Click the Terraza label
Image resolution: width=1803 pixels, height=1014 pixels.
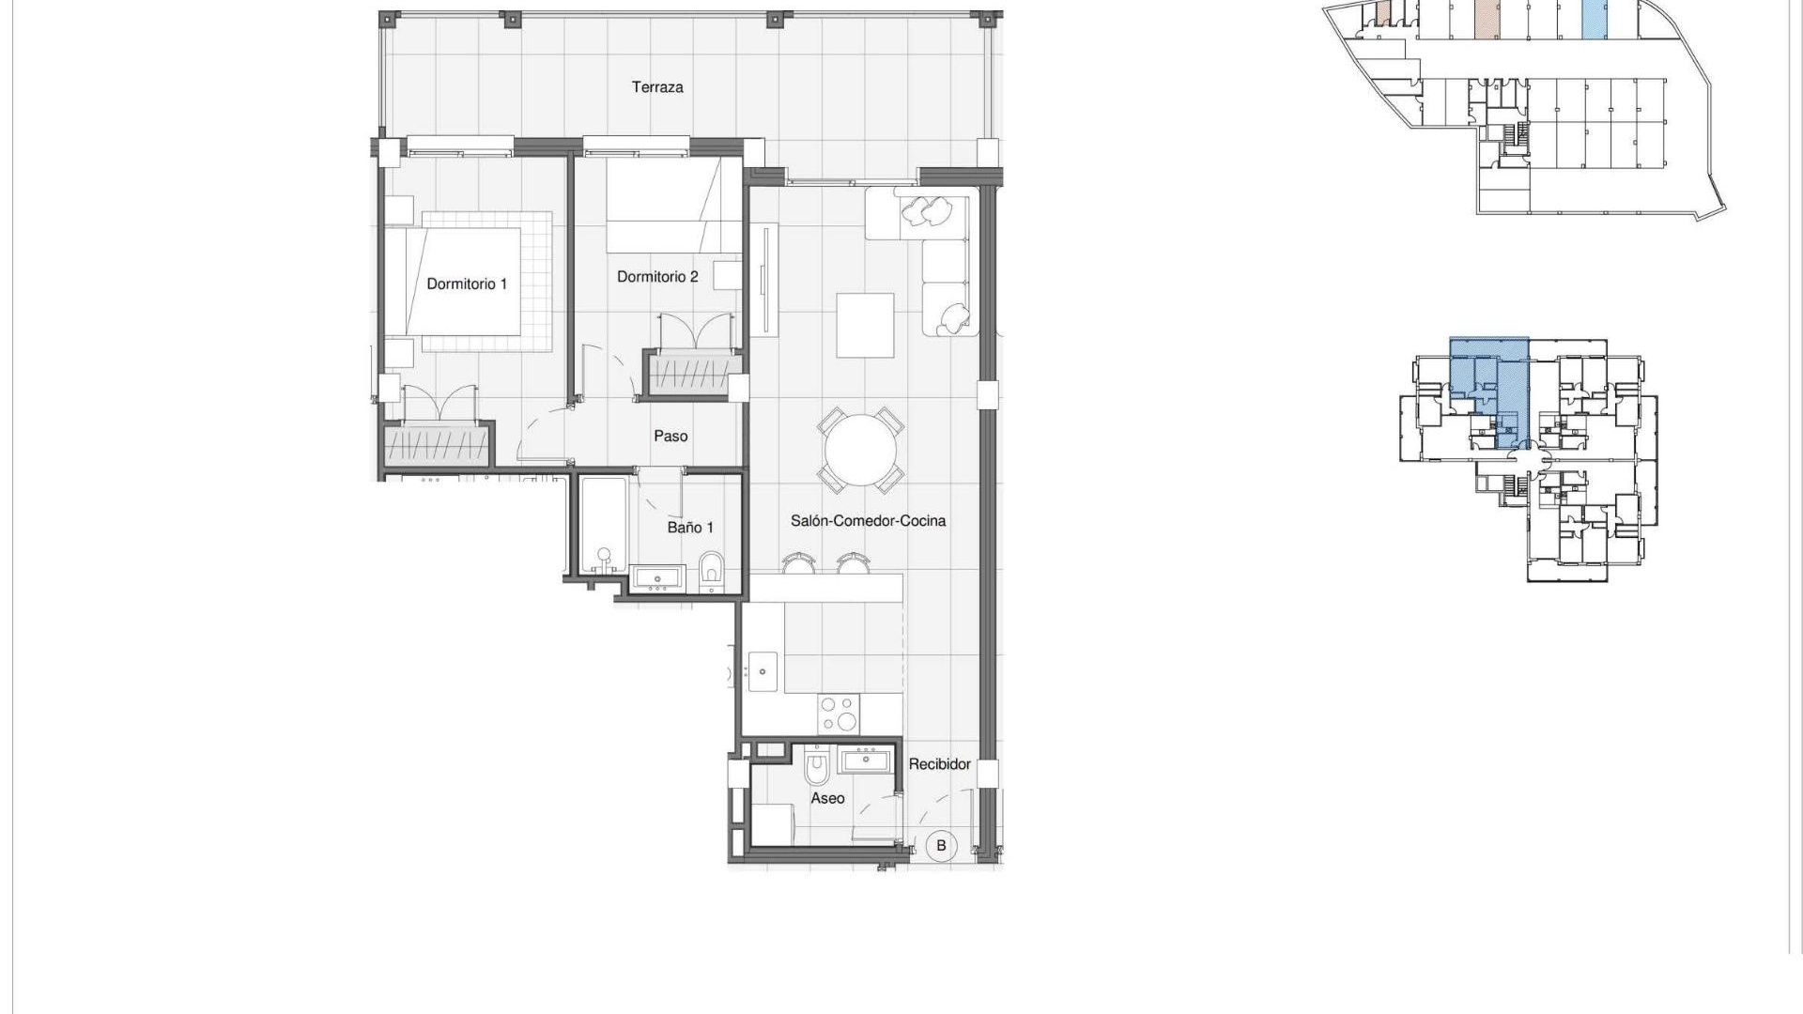click(x=657, y=87)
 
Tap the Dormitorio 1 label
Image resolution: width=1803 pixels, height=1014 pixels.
click(x=467, y=284)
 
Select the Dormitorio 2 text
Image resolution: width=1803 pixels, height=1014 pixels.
click(x=657, y=276)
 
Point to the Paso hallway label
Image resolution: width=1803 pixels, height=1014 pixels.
click(x=670, y=436)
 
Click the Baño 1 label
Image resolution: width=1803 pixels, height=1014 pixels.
click(x=690, y=528)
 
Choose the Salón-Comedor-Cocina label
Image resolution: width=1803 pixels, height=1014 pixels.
click(x=868, y=520)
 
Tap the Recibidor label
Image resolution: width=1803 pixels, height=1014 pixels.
click(x=939, y=764)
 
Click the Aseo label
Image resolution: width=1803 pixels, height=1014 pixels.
click(x=827, y=798)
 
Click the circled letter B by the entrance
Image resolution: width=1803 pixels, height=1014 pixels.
click(x=941, y=845)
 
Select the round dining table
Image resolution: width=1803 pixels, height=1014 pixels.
click(x=860, y=450)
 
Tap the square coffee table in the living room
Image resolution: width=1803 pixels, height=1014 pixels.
click(x=865, y=325)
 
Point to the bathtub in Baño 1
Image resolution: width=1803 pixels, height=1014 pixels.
click(x=602, y=526)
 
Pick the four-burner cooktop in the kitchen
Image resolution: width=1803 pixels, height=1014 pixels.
click(x=838, y=713)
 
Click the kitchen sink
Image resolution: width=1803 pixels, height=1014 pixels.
click(x=763, y=672)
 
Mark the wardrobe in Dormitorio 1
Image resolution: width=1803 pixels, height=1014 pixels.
click(x=438, y=446)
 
